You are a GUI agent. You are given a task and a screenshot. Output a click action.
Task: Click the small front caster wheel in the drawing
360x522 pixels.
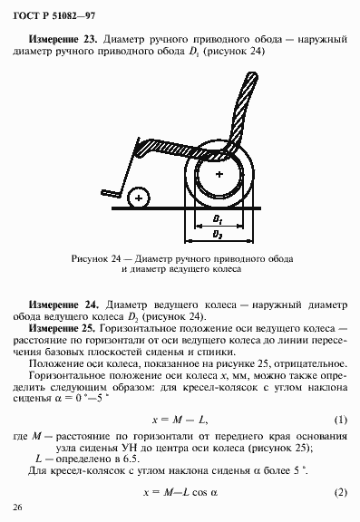pos(138,196)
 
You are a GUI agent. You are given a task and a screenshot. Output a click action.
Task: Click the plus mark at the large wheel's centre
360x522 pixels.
pos(219,172)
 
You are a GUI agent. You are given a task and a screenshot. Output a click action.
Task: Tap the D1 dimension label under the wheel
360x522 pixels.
pos(218,220)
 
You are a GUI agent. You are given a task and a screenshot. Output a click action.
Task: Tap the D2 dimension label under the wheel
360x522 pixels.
pos(218,235)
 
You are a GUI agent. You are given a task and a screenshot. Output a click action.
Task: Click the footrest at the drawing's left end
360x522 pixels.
pos(111,191)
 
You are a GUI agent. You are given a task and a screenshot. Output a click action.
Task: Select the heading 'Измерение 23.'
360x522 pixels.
pos(63,42)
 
